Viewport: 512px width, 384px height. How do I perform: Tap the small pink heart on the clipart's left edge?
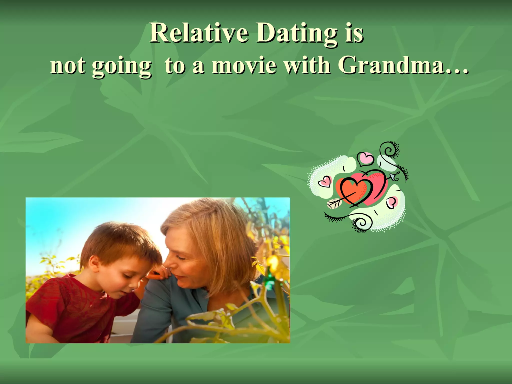pyautogui.click(x=325, y=181)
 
